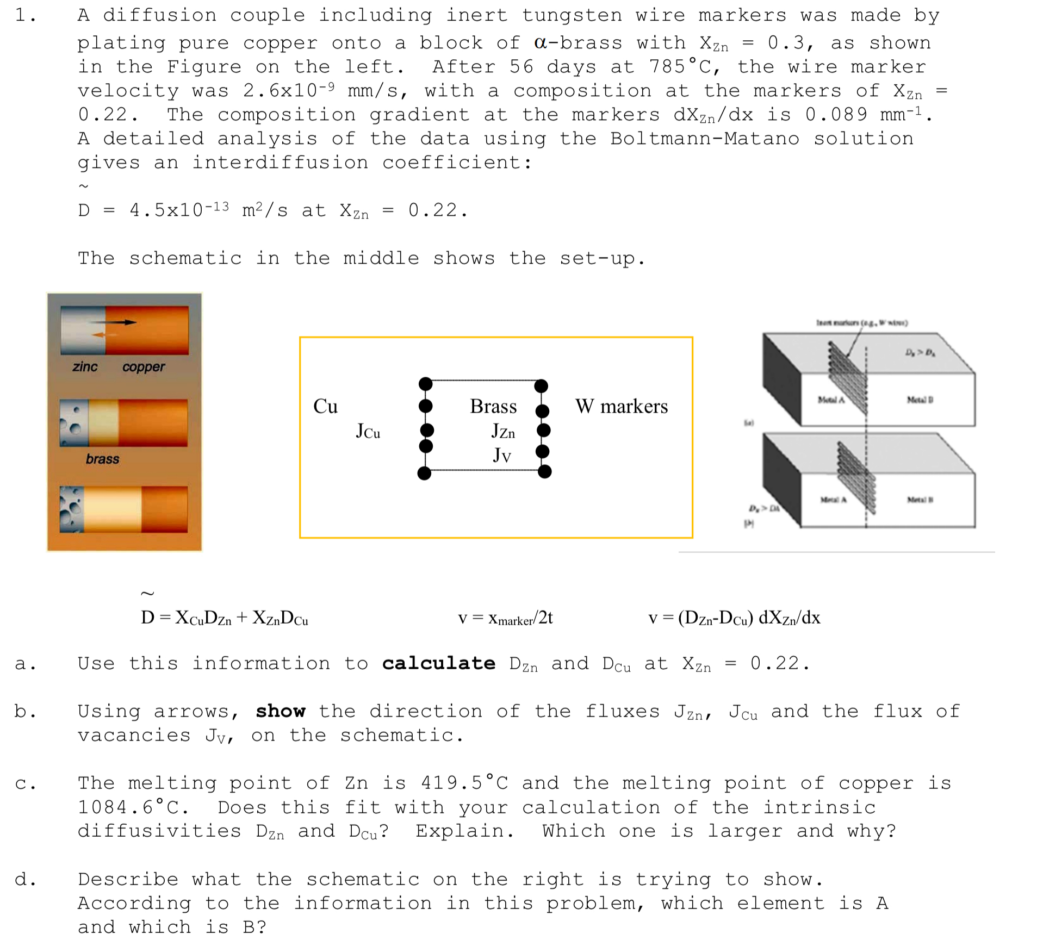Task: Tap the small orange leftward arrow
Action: tap(99, 335)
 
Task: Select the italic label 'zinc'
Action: tap(85, 367)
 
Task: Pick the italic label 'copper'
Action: tap(143, 367)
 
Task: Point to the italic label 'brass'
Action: tap(102, 459)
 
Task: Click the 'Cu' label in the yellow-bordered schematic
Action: tap(325, 407)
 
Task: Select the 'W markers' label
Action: tap(621, 407)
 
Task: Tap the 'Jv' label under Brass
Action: tap(502, 455)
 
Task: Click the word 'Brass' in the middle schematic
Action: tap(493, 407)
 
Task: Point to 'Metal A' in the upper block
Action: tap(831, 400)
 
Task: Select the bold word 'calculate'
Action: tap(438, 663)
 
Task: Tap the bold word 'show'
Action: tap(281, 711)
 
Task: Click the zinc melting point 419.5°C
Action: tap(464, 783)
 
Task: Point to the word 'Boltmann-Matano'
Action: tap(705, 139)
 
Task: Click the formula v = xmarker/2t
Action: tap(505, 618)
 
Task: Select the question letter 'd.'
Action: tap(25, 879)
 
